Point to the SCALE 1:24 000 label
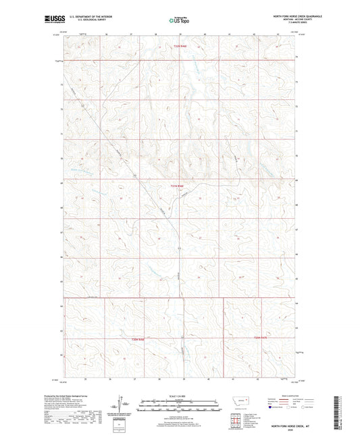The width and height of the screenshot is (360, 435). click(179, 396)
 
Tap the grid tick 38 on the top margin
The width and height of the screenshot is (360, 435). click(156, 30)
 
